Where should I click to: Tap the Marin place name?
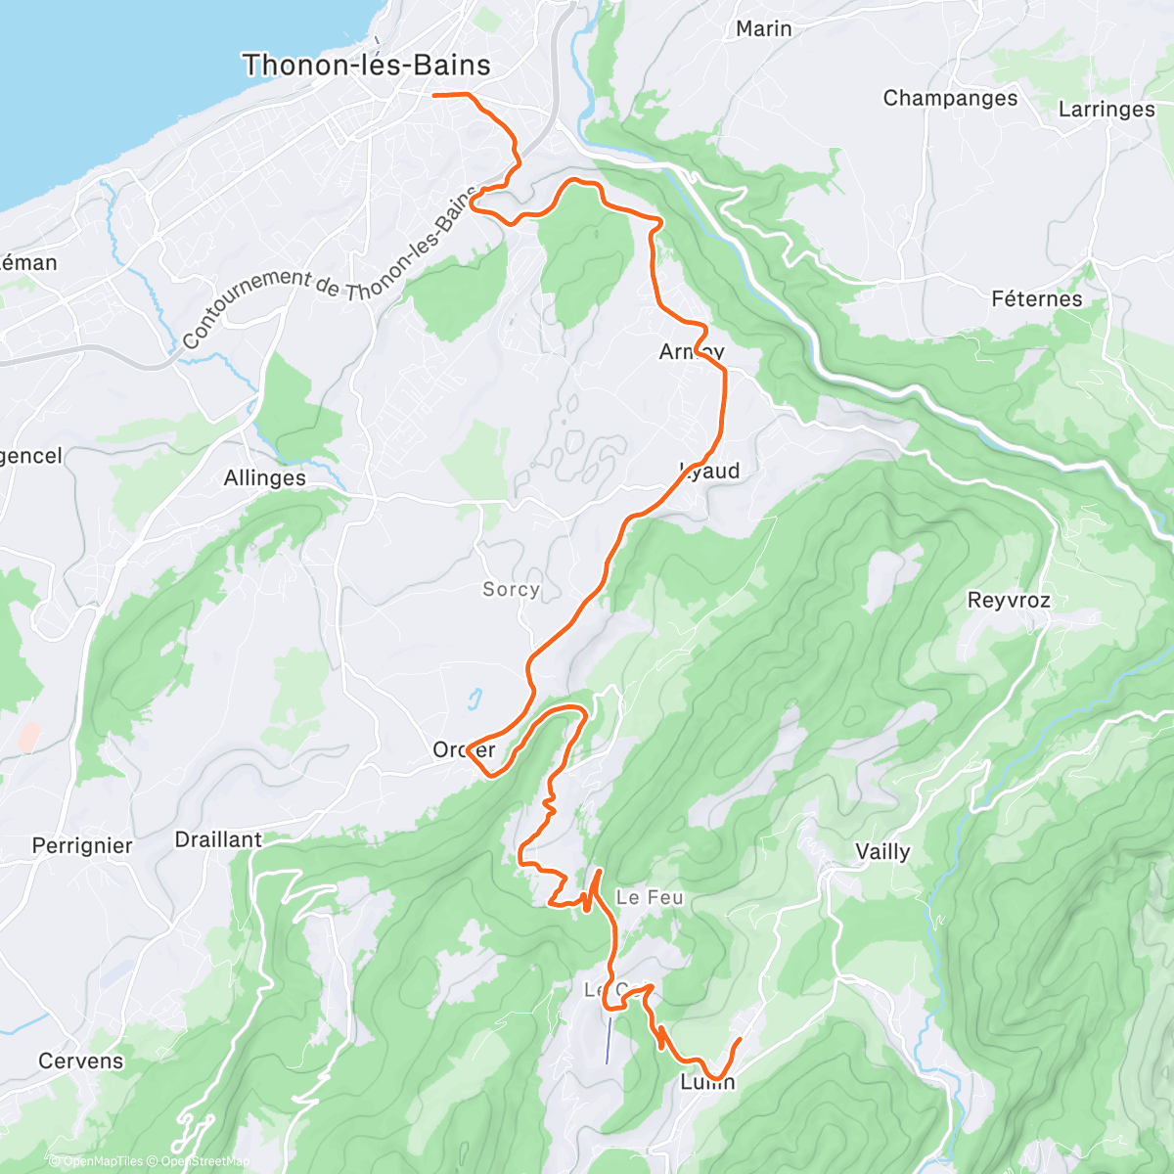[763, 28]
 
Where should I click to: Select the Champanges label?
[950, 98]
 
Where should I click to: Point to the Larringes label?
[1106, 109]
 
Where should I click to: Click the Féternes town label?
[1037, 298]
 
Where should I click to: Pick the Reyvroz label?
[1009, 600]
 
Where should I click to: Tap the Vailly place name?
[882, 851]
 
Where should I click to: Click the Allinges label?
[264, 477]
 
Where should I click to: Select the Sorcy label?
[511, 589]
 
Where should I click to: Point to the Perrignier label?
[82, 845]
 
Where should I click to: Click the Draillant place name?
[218, 839]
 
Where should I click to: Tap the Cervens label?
[81, 1061]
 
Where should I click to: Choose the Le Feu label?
[650, 897]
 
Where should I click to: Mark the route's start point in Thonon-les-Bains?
[434, 95]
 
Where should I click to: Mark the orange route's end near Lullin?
[740, 1039]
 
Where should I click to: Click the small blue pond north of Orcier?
[474, 699]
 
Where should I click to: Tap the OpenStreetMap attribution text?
[205, 1161]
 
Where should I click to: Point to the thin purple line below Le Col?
[609, 1040]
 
